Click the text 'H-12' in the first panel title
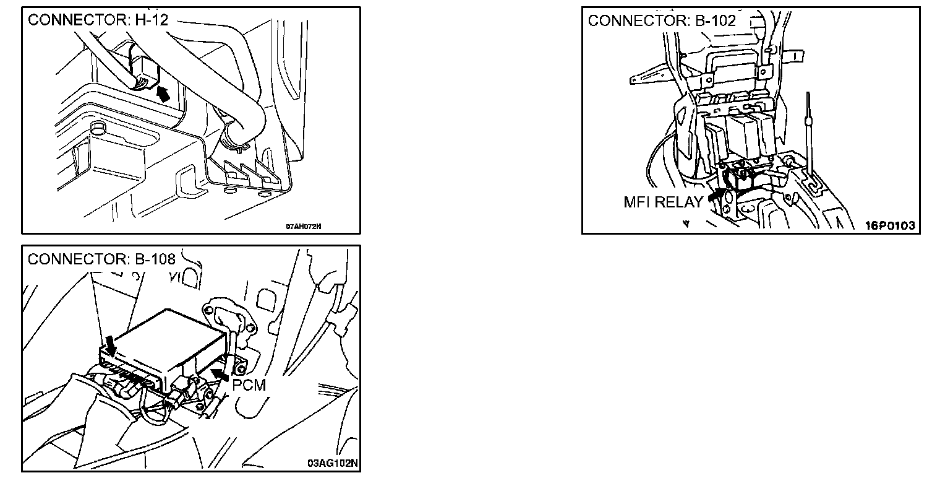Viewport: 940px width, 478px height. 152,20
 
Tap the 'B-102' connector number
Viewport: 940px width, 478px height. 715,20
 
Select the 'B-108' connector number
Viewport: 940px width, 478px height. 155,259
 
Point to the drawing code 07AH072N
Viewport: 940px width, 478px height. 303,226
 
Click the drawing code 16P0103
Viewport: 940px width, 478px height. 889,225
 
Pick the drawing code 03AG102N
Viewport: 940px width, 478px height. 333,463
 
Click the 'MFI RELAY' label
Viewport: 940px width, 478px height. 663,202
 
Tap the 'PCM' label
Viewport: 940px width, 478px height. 249,385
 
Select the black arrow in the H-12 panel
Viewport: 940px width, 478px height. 163,94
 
